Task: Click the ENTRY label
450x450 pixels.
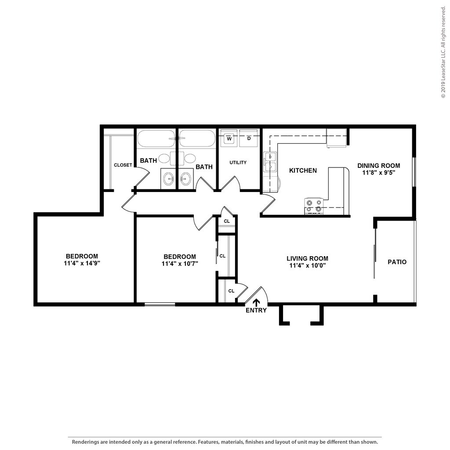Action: pos(256,310)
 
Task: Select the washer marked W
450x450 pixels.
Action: pos(229,138)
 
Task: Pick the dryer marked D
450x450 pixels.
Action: pos(249,138)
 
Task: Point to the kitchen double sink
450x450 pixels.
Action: pos(269,162)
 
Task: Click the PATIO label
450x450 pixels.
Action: pos(397,262)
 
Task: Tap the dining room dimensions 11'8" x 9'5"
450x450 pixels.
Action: pos(378,173)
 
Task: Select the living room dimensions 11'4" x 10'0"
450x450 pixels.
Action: pos(307,265)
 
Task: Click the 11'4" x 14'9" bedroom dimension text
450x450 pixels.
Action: pos(82,263)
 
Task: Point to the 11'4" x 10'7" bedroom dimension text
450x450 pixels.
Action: pos(180,264)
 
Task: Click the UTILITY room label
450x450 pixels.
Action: pos(238,163)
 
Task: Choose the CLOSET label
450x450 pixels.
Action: pos(123,165)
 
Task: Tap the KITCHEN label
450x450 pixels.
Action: pos(303,171)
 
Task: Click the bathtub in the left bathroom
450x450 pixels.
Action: pos(156,138)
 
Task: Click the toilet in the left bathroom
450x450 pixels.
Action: pos(165,158)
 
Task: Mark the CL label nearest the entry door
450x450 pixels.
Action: pos(231,290)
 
